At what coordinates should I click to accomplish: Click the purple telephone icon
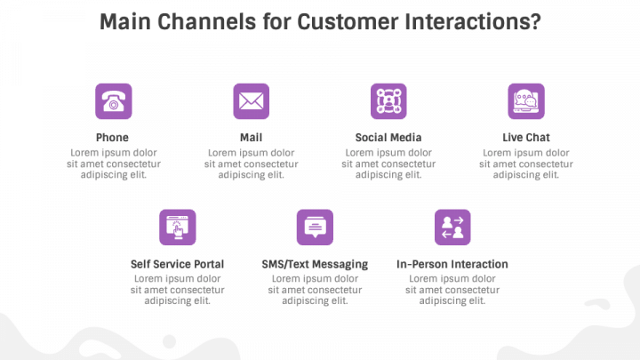point(114,101)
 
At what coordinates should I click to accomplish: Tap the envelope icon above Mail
point(251,101)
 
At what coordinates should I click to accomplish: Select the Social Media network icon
point(388,101)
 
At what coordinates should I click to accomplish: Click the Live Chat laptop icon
point(526,101)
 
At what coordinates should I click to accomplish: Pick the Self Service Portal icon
point(178,228)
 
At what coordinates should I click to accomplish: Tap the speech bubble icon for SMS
point(315,228)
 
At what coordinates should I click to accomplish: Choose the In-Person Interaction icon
point(452,228)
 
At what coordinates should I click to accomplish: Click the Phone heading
point(112,138)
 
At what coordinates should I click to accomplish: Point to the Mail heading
point(251,138)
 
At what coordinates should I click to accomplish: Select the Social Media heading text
point(388,138)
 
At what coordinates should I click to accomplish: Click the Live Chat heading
point(526,138)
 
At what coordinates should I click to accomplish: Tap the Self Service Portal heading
point(177,264)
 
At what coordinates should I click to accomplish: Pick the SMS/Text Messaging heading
point(315,265)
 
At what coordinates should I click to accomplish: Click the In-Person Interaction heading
point(452,264)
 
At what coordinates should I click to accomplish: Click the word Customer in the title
point(348,21)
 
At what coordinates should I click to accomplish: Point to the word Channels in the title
point(207,21)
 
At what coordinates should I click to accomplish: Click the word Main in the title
point(125,21)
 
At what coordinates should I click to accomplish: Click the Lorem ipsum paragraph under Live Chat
point(526,164)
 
